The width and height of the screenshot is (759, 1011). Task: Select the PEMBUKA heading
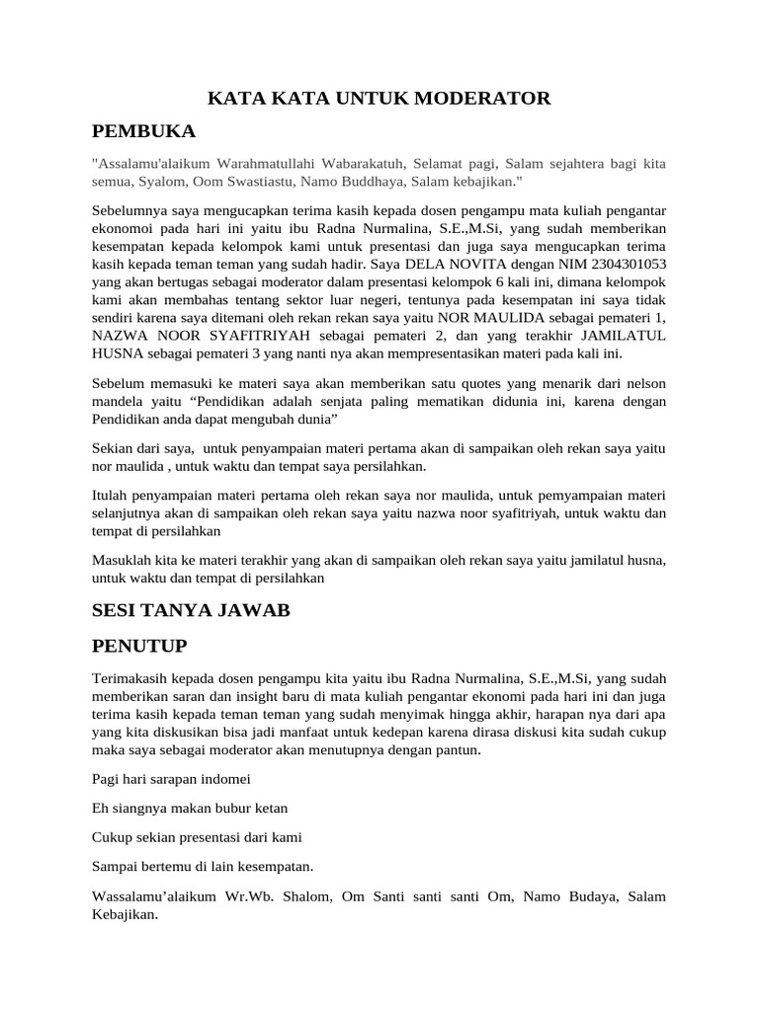143,131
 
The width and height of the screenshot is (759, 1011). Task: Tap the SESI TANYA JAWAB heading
191,610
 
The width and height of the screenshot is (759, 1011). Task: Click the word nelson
643,384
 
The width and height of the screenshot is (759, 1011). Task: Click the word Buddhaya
387,183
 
